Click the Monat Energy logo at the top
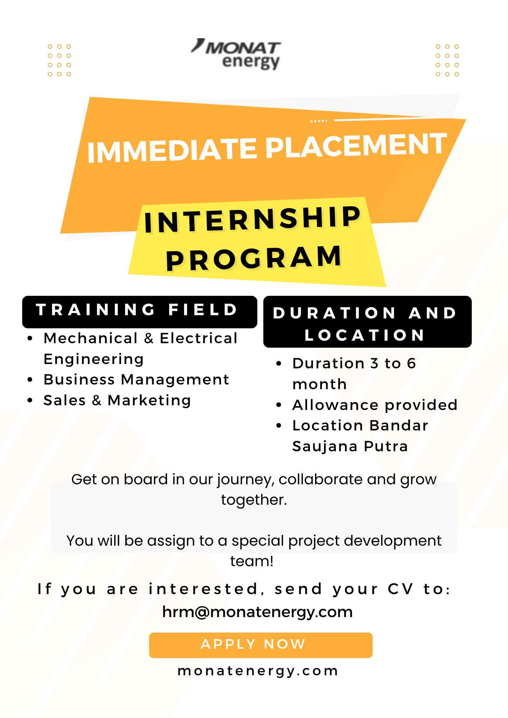[x=236, y=54]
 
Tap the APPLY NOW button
[x=261, y=645]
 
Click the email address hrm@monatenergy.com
[x=258, y=612]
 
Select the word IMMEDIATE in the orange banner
[x=172, y=150]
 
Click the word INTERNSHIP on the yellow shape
[x=253, y=219]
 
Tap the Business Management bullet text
[x=137, y=379]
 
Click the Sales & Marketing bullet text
[x=117, y=400]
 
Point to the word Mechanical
[x=91, y=338]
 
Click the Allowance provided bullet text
[x=375, y=405]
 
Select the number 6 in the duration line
[x=411, y=363]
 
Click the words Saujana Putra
[x=350, y=447]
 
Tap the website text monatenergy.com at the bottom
[x=258, y=671]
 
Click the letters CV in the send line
[x=401, y=589]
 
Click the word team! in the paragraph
[x=252, y=561]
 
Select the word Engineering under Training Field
[x=94, y=359]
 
